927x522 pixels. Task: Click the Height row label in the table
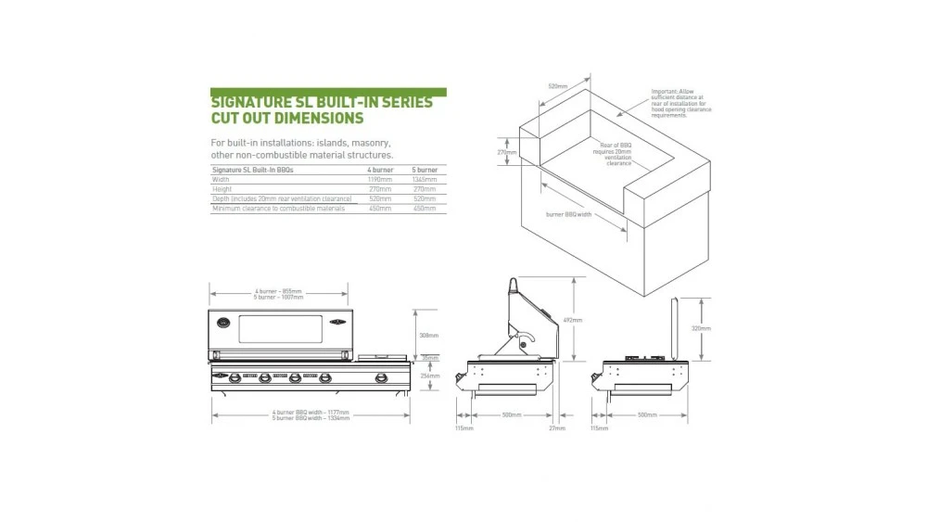coord(222,190)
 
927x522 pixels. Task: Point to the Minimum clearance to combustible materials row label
coord(277,209)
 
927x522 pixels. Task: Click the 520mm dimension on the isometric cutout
coord(557,86)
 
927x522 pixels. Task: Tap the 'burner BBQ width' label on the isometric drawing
coord(569,214)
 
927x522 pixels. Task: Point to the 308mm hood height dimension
coord(428,336)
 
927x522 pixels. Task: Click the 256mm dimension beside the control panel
coord(428,376)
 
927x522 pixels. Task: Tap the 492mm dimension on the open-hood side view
coord(574,320)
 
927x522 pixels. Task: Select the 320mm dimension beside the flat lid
coord(701,328)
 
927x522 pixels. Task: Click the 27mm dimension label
coord(556,428)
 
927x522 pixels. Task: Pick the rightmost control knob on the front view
coord(380,377)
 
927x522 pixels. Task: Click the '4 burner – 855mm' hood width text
coord(279,292)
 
